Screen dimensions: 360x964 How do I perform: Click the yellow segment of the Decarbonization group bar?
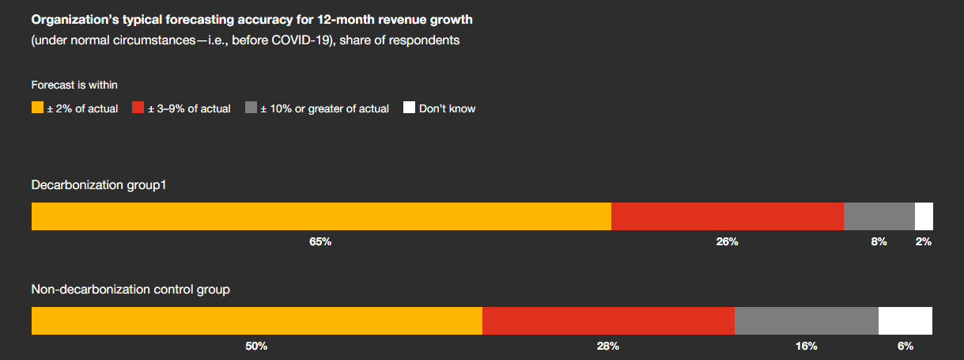[x=321, y=216]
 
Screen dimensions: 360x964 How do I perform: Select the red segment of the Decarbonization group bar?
[x=728, y=216]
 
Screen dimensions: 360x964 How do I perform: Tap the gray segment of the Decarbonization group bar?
[x=879, y=216]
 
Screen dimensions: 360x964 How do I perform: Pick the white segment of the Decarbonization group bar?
[x=924, y=216]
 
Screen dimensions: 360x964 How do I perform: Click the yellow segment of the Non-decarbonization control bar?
[x=257, y=320]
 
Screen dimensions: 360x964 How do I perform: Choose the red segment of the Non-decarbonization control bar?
[x=608, y=320]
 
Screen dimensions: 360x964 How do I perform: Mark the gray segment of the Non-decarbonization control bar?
[x=807, y=320]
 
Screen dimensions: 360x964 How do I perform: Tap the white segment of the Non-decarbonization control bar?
[x=905, y=320]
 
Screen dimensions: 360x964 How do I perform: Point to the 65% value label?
[x=320, y=242]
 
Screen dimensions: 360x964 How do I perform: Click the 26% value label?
[x=728, y=242]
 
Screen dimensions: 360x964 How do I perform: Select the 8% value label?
[x=879, y=242]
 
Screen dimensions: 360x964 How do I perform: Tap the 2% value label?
[x=924, y=242]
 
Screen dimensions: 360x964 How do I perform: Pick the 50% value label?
[x=256, y=347]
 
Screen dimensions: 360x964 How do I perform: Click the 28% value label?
[x=608, y=347]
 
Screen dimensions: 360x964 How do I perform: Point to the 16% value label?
[x=807, y=347]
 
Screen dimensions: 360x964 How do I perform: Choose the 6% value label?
[x=905, y=347]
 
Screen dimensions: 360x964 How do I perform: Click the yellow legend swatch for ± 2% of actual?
[x=37, y=108]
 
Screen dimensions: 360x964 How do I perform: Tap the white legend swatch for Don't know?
[x=409, y=108]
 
